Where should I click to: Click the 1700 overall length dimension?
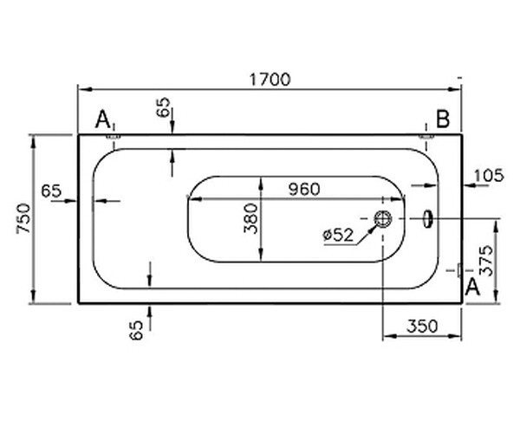pyautogui.click(x=270, y=80)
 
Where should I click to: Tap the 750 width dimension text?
pyautogui.click(x=24, y=218)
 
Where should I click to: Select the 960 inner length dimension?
pyautogui.click(x=304, y=189)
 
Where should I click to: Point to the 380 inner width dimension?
pyautogui.click(x=250, y=219)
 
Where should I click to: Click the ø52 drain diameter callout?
pyautogui.click(x=338, y=235)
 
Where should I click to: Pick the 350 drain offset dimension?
pyautogui.click(x=422, y=326)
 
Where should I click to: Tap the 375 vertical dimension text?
pyautogui.click(x=487, y=261)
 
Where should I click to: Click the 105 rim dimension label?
pyautogui.click(x=489, y=175)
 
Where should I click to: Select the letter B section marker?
pyautogui.click(x=443, y=119)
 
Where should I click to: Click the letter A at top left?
pyautogui.click(x=102, y=120)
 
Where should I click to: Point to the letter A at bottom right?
pyautogui.click(x=472, y=287)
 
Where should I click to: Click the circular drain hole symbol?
pyautogui.click(x=383, y=219)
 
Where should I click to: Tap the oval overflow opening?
pyautogui.click(x=427, y=219)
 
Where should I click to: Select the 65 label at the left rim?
pyautogui.click(x=51, y=191)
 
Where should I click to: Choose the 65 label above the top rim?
pyautogui.click(x=163, y=107)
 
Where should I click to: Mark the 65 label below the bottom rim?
pyautogui.click(x=136, y=330)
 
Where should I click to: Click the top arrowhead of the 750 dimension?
pyautogui.click(x=33, y=142)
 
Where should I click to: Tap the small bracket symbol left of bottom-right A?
pyautogui.click(x=459, y=270)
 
